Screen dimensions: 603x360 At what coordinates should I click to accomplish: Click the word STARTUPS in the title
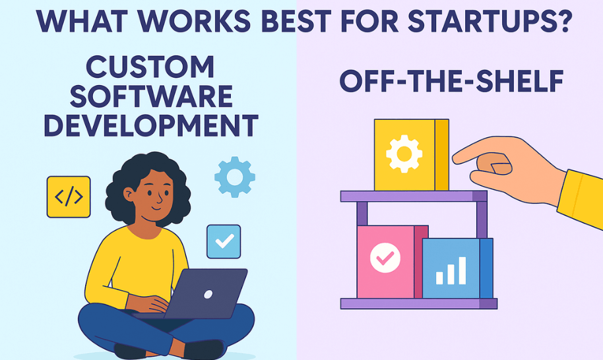tap(479, 21)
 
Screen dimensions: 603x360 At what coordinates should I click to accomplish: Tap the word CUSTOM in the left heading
tap(150, 67)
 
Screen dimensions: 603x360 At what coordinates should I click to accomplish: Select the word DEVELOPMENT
tap(150, 125)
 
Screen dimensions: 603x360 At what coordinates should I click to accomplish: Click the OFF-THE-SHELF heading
tap(451, 81)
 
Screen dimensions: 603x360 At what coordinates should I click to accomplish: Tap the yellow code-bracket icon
tap(69, 197)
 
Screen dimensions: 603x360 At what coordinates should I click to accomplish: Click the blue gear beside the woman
tap(235, 177)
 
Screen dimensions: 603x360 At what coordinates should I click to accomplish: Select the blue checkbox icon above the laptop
tap(224, 241)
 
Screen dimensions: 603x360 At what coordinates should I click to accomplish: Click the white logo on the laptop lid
tap(208, 295)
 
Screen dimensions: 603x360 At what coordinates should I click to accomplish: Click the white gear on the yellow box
tap(404, 154)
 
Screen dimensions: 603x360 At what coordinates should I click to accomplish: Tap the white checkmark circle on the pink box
tap(385, 257)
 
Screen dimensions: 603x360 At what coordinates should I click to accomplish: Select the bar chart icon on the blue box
tap(451, 270)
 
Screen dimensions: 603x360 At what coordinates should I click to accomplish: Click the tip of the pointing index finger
tap(455, 158)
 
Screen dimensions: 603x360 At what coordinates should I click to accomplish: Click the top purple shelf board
tap(414, 196)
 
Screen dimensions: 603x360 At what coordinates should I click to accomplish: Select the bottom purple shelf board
tap(419, 303)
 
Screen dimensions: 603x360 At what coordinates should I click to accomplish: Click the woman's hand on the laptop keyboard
tap(152, 303)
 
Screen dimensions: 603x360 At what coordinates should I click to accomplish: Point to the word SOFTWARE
tap(151, 96)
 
